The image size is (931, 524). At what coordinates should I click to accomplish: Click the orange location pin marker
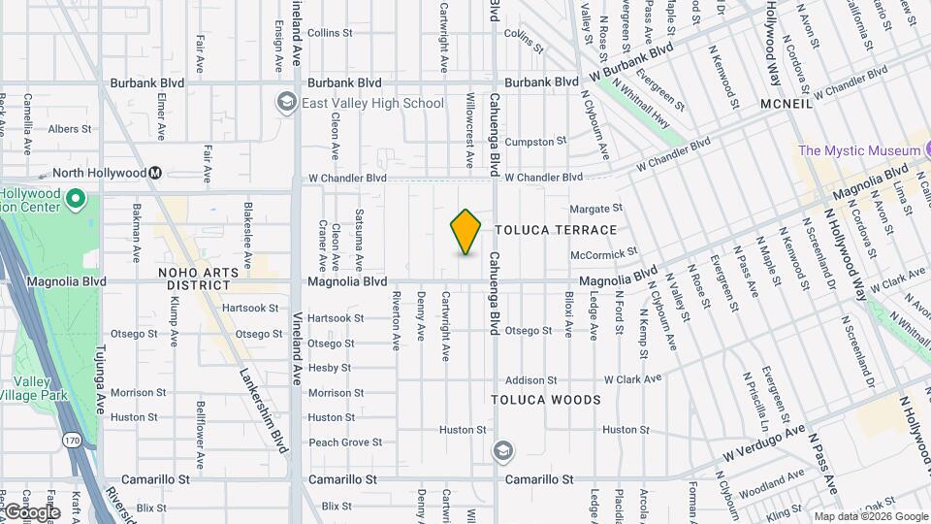click(465, 231)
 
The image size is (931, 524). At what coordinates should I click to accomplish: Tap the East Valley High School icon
click(286, 102)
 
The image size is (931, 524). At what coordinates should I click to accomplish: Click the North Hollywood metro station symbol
click(154, 173)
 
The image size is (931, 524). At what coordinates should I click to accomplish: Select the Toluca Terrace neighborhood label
click(556, 230)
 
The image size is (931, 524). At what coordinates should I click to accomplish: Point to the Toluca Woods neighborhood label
click(545, 400)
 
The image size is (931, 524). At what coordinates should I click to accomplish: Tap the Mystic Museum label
click(858, 150)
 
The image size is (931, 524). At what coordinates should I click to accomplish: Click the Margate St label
click(594, 209)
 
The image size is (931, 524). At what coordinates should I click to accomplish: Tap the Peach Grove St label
click(344, 442)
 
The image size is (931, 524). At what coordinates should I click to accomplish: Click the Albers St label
click(70, 128)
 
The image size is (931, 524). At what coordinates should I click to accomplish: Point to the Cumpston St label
click(535, 142)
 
